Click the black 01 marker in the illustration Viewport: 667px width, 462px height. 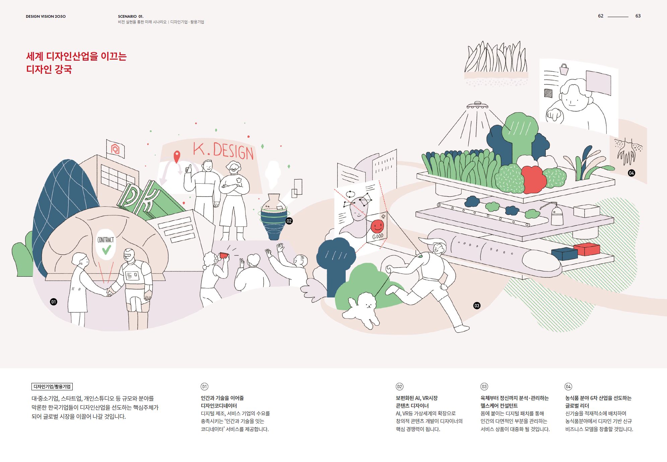54,302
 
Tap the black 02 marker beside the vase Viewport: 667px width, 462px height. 289,221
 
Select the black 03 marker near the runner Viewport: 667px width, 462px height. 477,306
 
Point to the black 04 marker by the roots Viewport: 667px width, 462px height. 631,173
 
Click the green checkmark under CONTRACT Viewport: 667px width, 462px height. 107,250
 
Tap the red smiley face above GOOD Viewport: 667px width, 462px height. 377,226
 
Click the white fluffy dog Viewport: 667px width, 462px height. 364,307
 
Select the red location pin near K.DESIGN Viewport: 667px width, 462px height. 177,156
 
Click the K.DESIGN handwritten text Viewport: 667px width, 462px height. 223,150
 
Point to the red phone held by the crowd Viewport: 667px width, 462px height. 224,256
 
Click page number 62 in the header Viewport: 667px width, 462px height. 601,16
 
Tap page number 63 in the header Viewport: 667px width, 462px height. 638,16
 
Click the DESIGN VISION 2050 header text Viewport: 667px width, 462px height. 46,16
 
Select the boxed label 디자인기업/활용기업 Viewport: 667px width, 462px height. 52,387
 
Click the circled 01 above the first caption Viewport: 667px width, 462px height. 204,387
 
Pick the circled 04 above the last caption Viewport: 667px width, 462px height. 568,387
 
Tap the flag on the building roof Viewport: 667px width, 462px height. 115,149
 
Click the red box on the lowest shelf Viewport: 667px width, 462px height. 587,249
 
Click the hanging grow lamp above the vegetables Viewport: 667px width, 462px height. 477,105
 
